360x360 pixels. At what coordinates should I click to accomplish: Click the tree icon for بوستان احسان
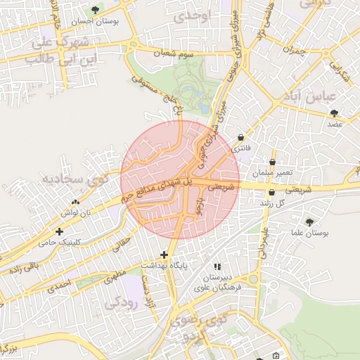coord(96,10)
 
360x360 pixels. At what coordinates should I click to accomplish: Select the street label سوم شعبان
coord(176,53)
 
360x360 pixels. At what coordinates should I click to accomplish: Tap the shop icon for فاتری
coord(242,137)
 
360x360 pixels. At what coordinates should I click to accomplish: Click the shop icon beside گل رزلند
coord(271,192)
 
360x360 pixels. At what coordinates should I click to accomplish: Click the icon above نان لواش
coord(75,202)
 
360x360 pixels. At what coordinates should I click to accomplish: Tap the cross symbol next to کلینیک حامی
coord(59,231)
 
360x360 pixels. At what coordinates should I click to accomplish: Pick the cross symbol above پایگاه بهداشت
coord(164,255)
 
